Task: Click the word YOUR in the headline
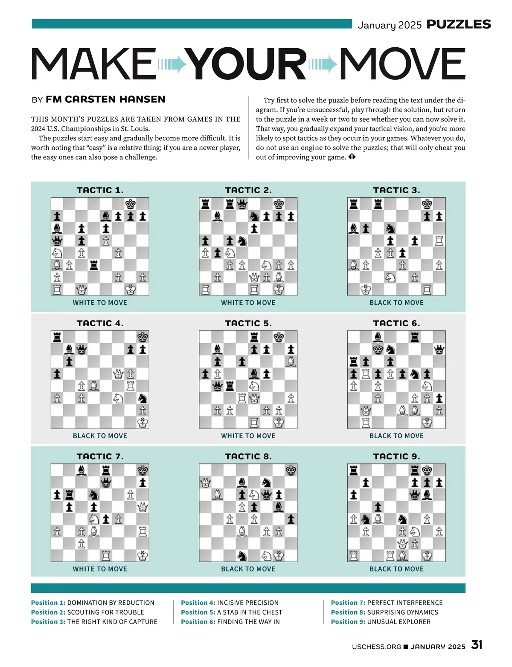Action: [247, 64]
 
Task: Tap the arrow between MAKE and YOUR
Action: [172, 64]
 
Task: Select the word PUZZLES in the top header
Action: [459, 25]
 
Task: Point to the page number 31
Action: [477, 645]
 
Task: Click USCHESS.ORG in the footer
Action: [376, 647]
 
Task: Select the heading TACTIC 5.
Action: [248, 323]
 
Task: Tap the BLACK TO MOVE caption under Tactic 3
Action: [396, 303]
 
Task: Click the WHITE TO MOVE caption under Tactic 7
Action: [100, 569]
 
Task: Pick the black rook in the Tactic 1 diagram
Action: [94, 266]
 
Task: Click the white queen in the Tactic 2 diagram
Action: [254, 278]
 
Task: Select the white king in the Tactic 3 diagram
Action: [366, 290]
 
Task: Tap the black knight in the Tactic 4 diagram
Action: [143, 398]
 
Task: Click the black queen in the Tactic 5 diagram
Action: [218, 386]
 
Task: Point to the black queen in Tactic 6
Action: [439, 350]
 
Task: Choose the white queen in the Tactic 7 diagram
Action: [143, 507]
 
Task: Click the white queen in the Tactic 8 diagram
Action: [206, 483]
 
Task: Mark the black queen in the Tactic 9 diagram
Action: [414, 495]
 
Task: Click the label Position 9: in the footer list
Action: [348, 622]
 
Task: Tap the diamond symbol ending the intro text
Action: [352, 157]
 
